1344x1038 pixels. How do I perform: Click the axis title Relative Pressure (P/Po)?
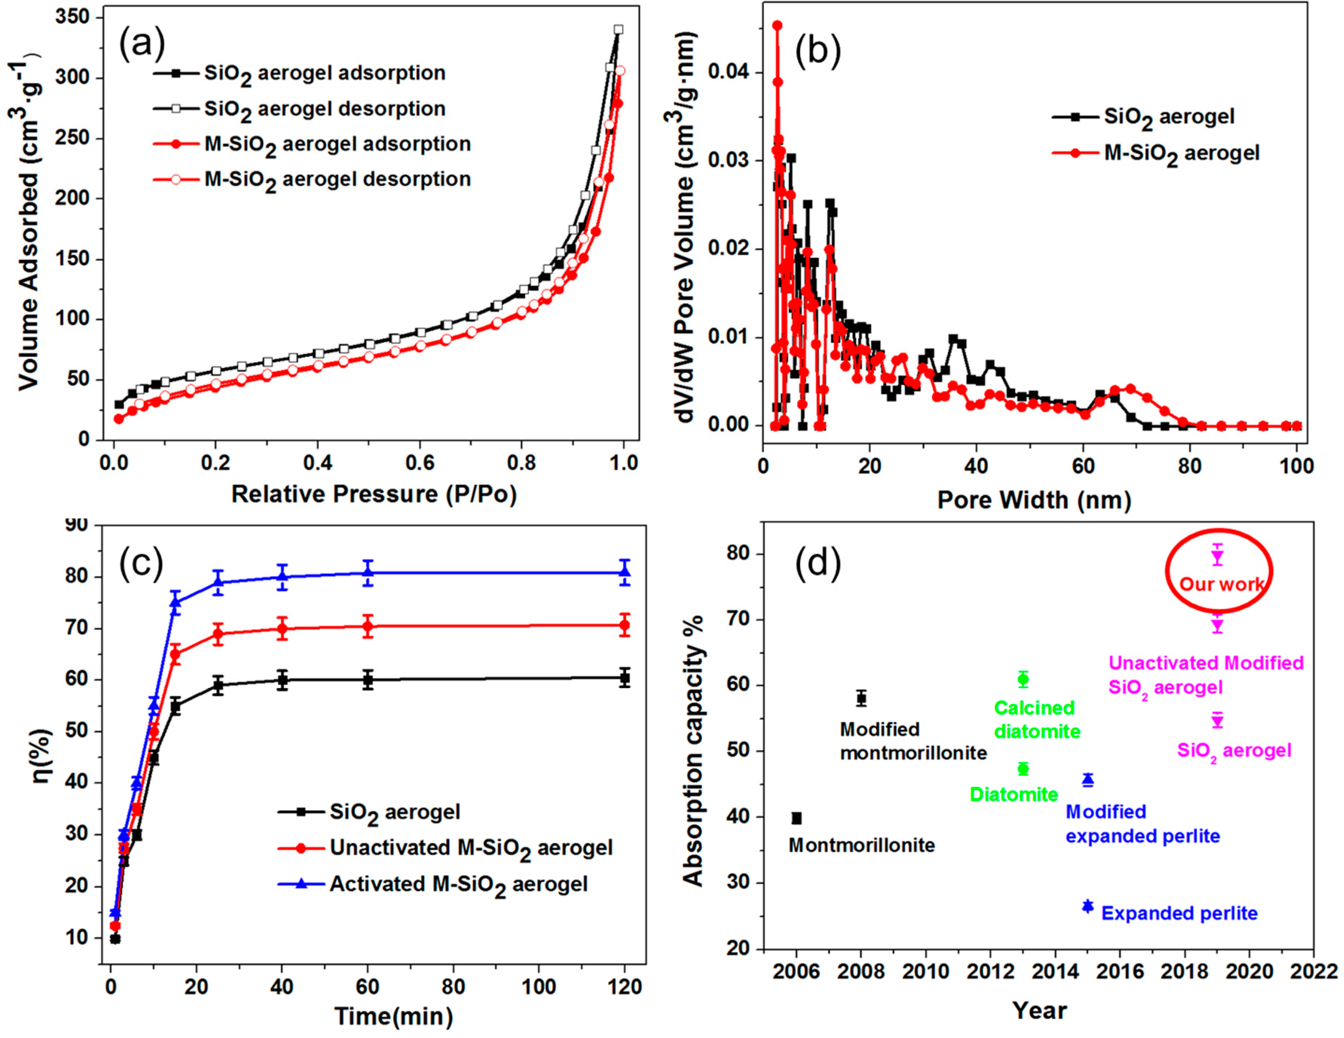(374, 494)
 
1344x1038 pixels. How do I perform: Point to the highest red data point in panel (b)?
(777, 25)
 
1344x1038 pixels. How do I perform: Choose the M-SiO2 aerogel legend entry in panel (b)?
(1181, 153)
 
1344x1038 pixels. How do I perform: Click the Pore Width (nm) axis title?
(1034, 500)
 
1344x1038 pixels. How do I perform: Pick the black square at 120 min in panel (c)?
(625, 678)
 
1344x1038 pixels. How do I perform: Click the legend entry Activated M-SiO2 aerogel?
(458, 884)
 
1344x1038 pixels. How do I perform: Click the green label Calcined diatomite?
(1037, 720)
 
